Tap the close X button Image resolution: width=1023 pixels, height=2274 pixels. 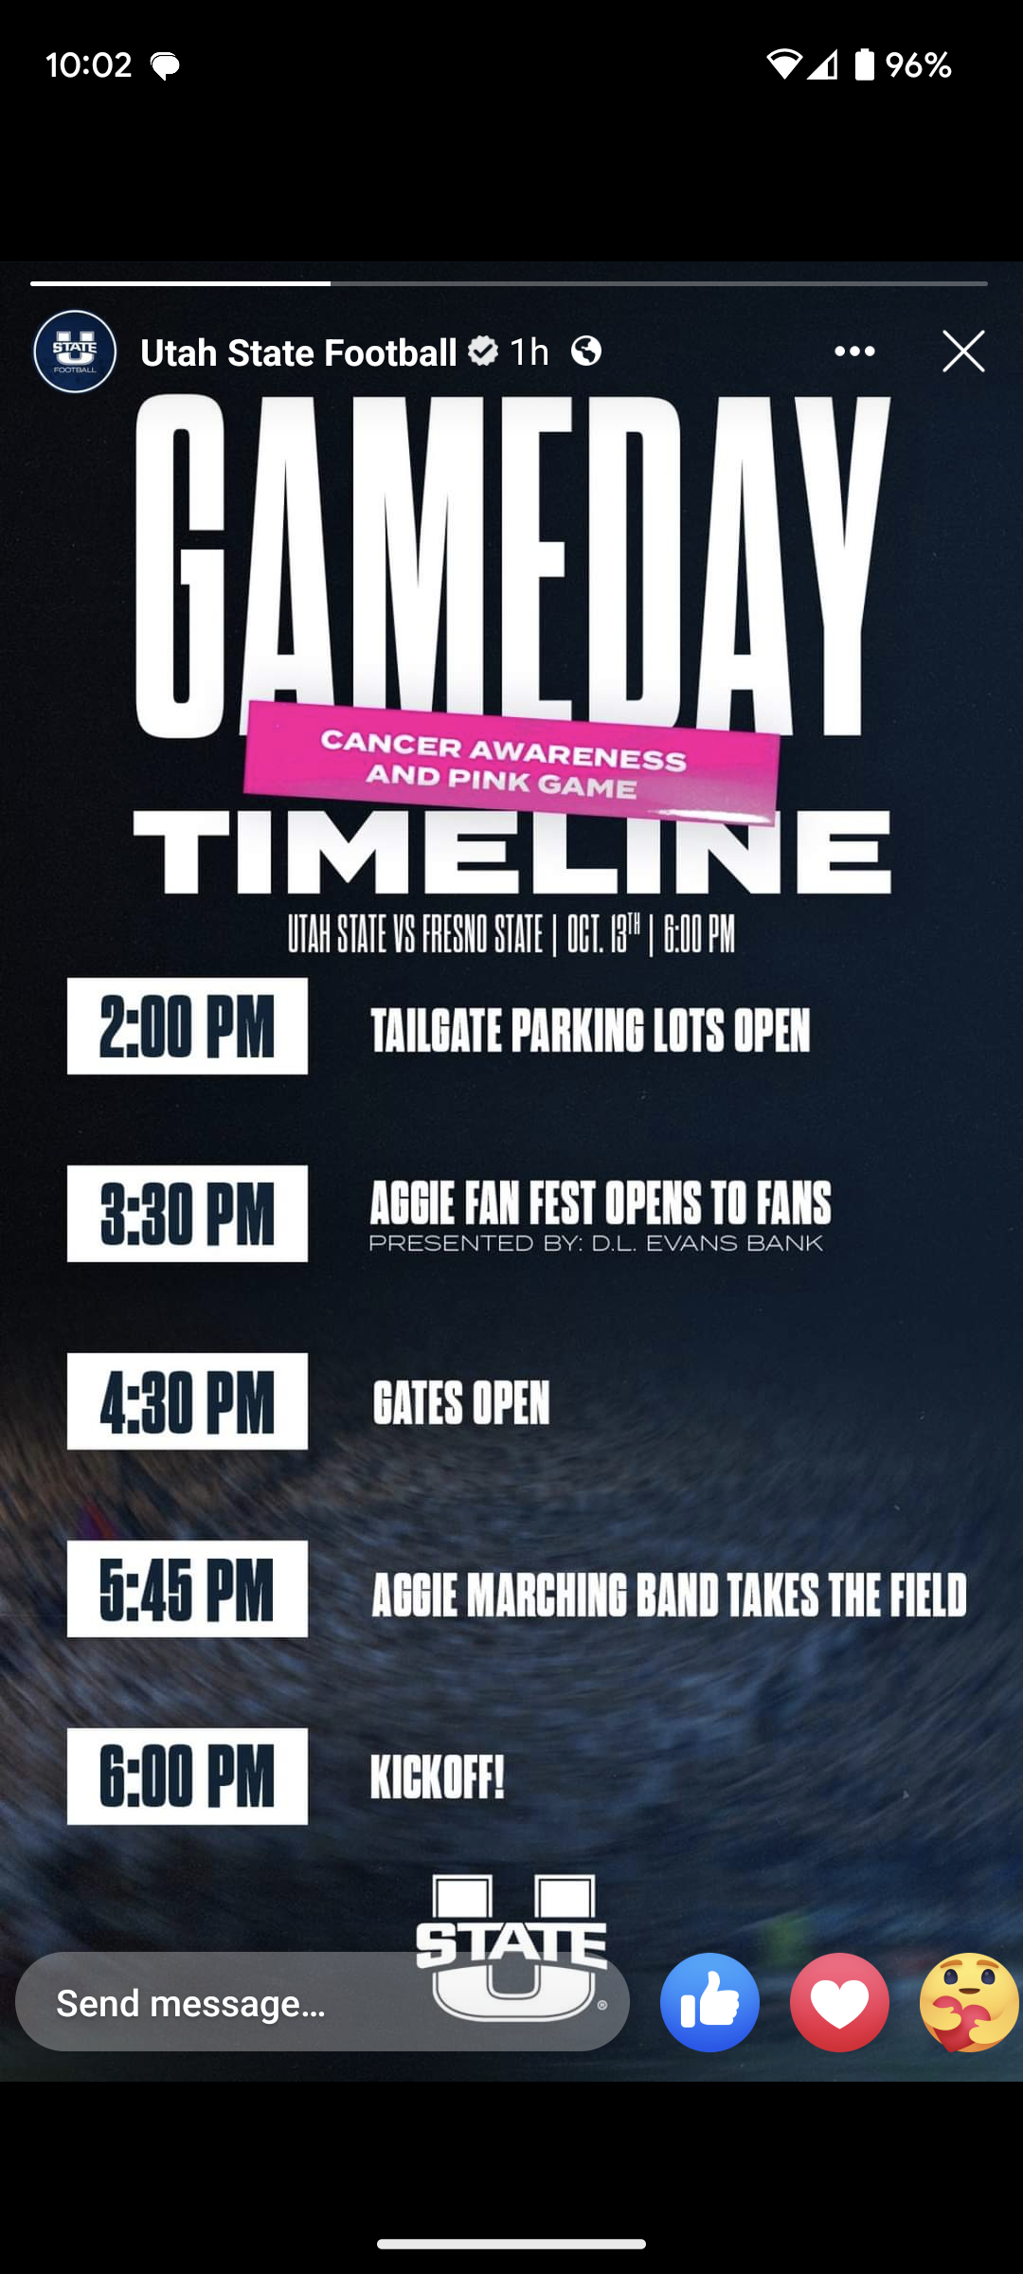963,352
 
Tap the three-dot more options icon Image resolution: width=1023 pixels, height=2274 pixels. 854,352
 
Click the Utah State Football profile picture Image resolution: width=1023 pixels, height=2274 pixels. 75,352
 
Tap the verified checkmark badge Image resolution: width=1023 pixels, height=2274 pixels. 483,352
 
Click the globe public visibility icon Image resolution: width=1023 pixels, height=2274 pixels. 586,352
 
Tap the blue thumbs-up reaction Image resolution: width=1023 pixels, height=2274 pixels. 709,2002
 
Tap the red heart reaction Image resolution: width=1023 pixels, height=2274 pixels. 839,2002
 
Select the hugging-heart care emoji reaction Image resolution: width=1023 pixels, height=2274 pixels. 969,2002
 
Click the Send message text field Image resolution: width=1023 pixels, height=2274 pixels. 322,2002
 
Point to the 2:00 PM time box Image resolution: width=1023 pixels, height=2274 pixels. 188,1026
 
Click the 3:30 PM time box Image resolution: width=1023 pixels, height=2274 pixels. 188,1214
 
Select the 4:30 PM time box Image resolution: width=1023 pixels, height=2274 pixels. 188,1401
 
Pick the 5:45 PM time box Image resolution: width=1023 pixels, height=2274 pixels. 188,1589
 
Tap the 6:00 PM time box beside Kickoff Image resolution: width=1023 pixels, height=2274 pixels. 188,1777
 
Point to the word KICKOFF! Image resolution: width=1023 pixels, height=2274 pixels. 438,1778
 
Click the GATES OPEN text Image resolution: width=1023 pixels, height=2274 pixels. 461,1403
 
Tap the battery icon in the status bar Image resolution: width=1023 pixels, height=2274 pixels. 864,64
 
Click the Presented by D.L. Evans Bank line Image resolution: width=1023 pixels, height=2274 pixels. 596,1243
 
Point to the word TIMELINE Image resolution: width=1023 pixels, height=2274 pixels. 511,852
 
